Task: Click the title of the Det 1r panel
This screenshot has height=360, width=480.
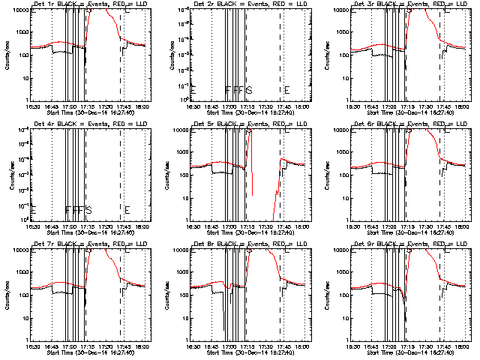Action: pos(85,4)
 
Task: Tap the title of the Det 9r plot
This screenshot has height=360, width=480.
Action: pos(406,244)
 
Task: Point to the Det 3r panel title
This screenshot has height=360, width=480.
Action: pos(406,4)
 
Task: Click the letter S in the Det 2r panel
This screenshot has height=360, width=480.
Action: pos(249,90)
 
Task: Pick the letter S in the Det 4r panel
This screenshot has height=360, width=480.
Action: pos(88,209)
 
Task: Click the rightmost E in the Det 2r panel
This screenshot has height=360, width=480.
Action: pos(286,90)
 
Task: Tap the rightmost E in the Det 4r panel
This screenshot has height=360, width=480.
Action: pos(127,209)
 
